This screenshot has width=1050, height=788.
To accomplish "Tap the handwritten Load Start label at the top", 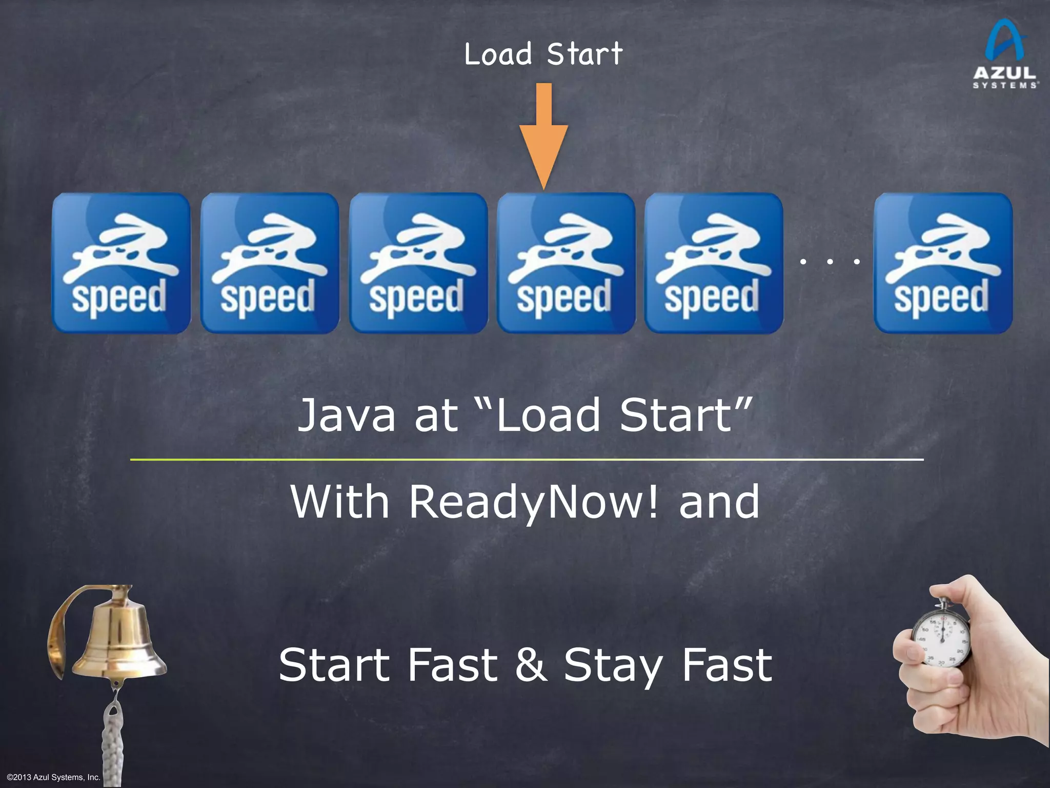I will click(x=543, y=54).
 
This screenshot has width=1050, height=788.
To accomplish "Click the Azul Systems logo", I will click(x=1005, y=54).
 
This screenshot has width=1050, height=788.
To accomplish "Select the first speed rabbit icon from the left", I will click(x=121, y=263).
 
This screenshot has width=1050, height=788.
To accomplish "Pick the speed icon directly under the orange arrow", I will click(x=566, y=263).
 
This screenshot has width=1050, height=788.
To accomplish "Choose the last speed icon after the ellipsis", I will click(x=943, y=263).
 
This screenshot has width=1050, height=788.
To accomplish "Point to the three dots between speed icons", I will click(x=829, y=262).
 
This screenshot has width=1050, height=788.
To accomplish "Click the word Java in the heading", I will click(x=347, y=416).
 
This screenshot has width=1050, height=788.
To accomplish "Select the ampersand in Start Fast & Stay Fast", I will click(x=531, y=665).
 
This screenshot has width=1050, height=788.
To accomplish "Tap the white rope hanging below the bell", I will click(x=112, y=739).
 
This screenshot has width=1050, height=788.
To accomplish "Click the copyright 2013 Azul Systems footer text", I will click(x=54, y=777).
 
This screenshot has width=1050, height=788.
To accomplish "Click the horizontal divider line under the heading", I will click(x=527, y=460).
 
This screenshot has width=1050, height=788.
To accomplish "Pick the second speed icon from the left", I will click(x=270, y=263).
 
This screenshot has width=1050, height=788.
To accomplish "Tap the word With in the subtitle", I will click(x=340, y=502).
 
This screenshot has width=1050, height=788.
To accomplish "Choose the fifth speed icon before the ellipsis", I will click(x=714, y=263).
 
